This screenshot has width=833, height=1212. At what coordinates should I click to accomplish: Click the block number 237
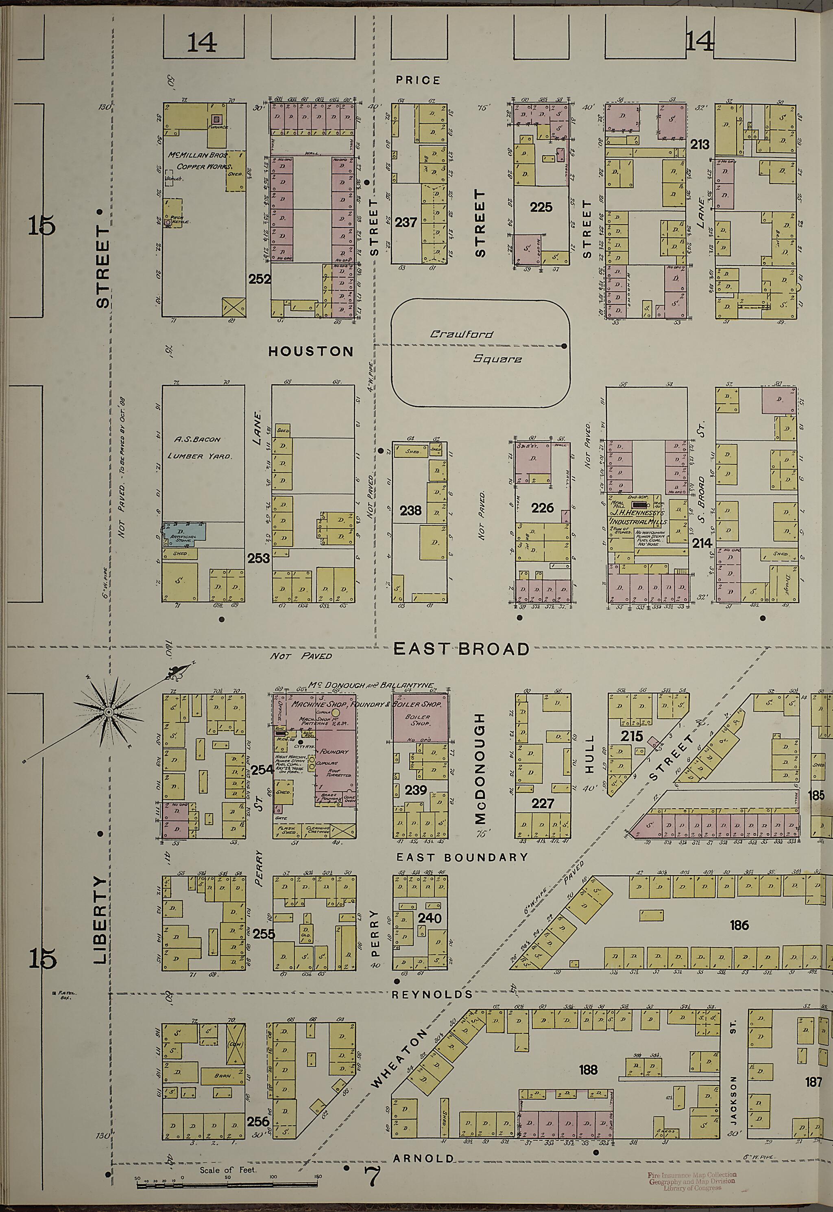(x=406, y=223)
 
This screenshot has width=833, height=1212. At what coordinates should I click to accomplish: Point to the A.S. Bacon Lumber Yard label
(x=198, y=447)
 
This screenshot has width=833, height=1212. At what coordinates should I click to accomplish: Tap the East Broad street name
(x=461, y=649)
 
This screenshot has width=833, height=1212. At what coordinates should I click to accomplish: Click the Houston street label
(x=311, y=352)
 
